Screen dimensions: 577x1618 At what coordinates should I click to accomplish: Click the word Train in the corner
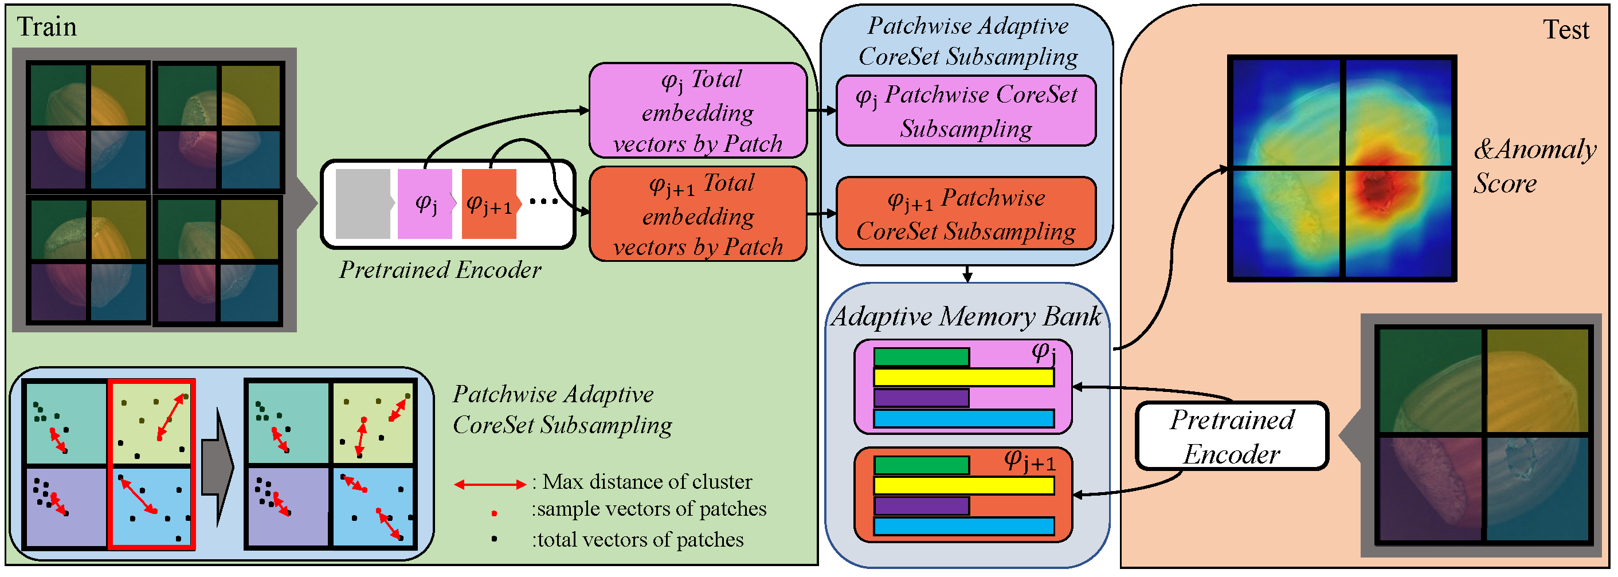click(46, 27)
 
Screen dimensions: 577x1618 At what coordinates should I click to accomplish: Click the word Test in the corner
click(1565, 30)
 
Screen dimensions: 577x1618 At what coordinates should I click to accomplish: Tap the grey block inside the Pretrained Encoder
click(362, 203)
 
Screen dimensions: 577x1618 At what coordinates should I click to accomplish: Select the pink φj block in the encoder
click(425, 203)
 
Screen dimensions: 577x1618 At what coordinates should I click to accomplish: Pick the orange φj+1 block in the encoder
click(489, 203)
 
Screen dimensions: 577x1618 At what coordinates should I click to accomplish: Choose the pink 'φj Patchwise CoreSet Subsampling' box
click(966, 111)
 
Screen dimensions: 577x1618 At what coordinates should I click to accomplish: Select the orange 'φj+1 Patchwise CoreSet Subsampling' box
click(966, 214)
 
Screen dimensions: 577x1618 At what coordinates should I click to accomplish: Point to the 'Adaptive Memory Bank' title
click(966, 316)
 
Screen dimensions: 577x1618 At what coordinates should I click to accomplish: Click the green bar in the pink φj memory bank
click(921, 357)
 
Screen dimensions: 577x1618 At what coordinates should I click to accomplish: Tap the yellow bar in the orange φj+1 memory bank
click(963, 485)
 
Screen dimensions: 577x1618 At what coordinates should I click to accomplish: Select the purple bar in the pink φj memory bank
click(921, 398)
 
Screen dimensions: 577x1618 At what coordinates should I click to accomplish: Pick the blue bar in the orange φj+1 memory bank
click(963, 526)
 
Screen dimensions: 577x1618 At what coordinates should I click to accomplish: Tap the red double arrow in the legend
click(490, 484)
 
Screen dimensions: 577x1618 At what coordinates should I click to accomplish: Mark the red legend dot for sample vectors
click(494, 513)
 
